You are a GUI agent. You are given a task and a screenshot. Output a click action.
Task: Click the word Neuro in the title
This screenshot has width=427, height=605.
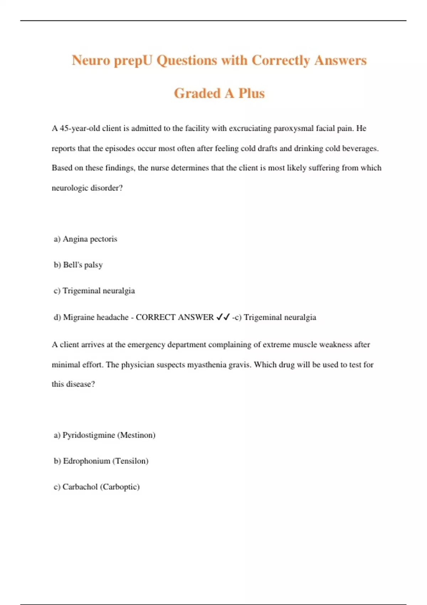click(x=91, y=60)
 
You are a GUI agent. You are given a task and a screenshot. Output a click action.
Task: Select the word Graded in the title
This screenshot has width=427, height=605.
click(x=197, y=93)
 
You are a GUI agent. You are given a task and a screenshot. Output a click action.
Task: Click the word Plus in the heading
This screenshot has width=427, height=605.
click(x=252, y=93)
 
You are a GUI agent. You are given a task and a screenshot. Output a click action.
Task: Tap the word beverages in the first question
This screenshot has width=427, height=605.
click(x=360, y=148)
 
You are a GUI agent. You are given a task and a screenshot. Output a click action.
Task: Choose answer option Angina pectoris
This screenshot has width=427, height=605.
click(x=90, y=239)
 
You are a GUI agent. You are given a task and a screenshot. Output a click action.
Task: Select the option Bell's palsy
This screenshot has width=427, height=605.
click(x=83, y=265)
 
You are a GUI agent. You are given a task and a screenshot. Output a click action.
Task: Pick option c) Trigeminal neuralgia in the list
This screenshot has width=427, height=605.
click(x=94, y=291)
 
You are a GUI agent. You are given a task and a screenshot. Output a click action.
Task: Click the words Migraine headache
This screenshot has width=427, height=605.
click(x=96, y=317)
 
